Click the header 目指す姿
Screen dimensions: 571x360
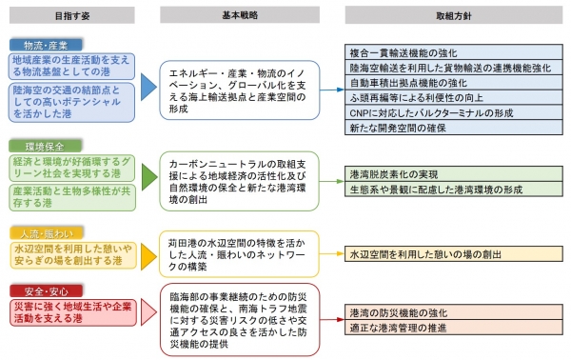(x=70, y=15)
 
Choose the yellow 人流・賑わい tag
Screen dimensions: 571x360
(x=40, y=233)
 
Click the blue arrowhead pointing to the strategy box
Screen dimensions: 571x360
(x=148, y=88)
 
